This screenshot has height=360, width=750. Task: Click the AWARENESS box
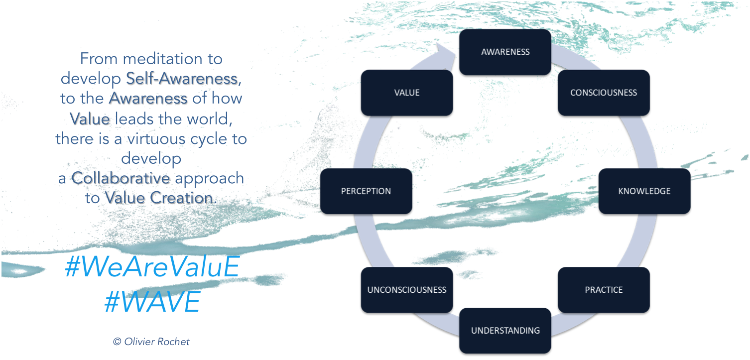(505, 52)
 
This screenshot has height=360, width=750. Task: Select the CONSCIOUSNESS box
(604, 93)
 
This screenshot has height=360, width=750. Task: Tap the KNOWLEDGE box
(644, 191)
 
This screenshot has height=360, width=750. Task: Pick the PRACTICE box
(604, 290)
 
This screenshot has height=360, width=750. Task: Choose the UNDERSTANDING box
(505, 331)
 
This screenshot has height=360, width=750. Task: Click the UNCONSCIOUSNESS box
(406, 290)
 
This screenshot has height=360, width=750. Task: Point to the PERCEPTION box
(366, 191)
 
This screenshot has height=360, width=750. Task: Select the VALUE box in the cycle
(406, 93)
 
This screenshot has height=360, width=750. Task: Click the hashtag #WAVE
(152, 302)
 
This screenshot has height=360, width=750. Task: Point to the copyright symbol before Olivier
(117, 342)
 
